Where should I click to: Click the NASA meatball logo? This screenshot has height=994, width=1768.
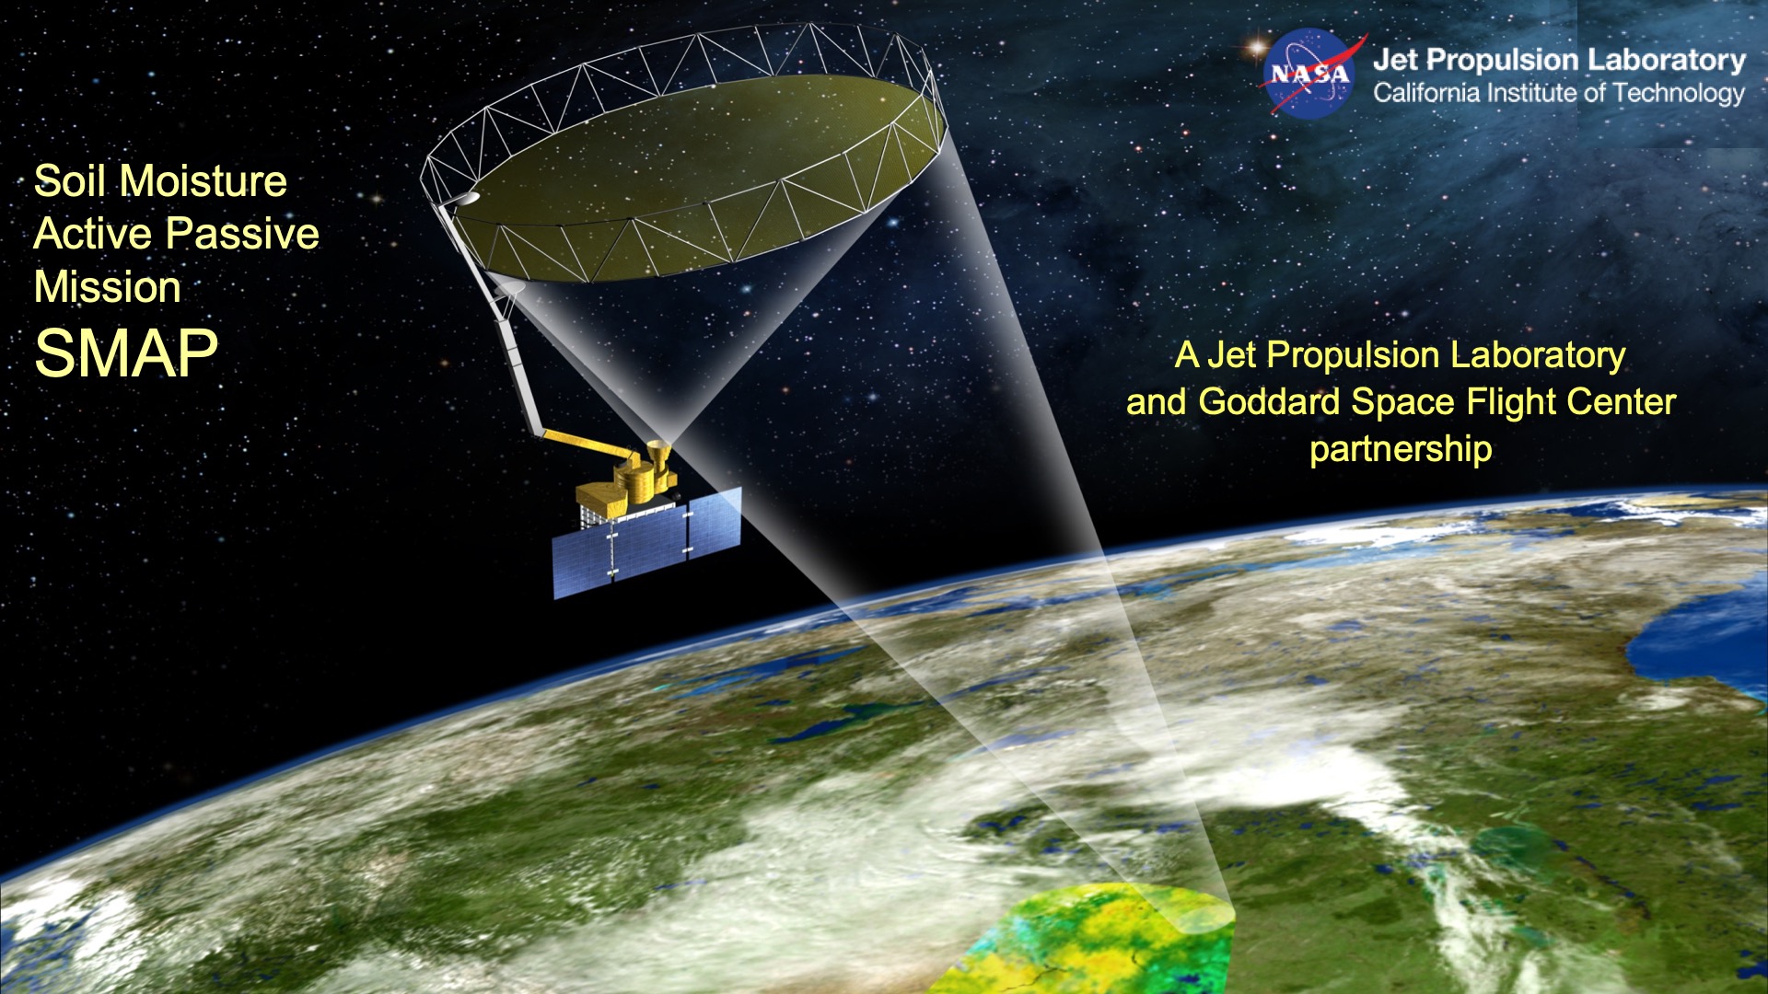[x=1309, y=74]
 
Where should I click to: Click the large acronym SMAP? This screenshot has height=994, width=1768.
[x=126, y=353]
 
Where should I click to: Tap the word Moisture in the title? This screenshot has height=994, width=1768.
[x=204, y=181]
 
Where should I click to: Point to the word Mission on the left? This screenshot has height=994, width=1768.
[x=107, y=287]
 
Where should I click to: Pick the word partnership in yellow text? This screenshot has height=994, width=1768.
[x=1401, y=449]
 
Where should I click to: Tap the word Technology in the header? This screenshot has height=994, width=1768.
[x=1679, y=93]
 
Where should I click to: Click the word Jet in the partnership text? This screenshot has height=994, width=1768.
[x=1231, y=355]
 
